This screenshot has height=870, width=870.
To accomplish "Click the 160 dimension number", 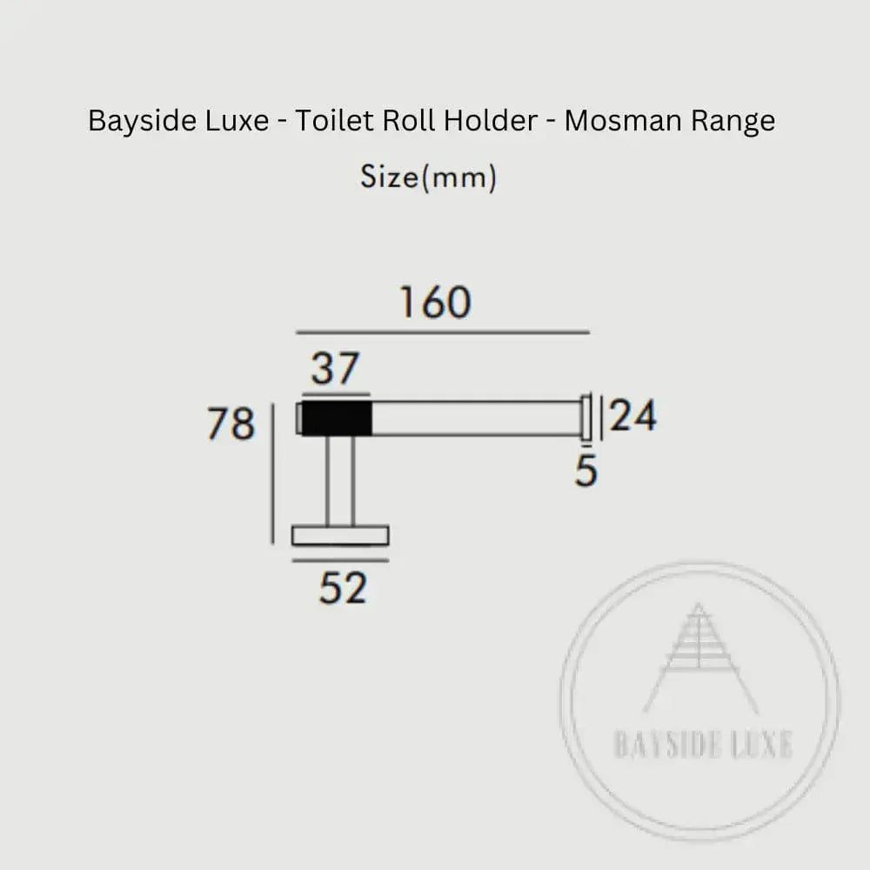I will pyautogui.click(x=435, y=303).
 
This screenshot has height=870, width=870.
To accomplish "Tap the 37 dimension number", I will pyautogui.click(x=335, y=369).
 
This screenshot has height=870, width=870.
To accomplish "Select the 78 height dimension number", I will pyautogui.click(x=231, y=425).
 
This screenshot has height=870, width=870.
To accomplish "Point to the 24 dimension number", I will pyautogui.click(x=633, y=417).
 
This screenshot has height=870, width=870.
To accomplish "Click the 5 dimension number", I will pyautogui.click(x=586, y=472).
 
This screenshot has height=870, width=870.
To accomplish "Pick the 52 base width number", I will pyautogui.click(x=343, y=589).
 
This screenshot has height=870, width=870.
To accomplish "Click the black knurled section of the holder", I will pyautogui.click(x=337, y=418).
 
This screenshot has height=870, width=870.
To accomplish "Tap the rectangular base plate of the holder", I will pyautogui.click(x=340, y=535).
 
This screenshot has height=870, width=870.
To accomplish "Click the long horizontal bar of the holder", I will pyautogui.click(x=476, y=418).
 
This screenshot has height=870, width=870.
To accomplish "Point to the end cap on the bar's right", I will pyautogui.click(x=587, y=418).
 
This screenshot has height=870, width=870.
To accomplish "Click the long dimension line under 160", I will pyautogui.click(x=443, y=332).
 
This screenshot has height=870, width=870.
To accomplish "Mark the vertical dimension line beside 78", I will pyautogui.click(x=274, y=473).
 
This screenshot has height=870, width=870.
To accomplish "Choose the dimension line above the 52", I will pyautogui.click(x=340, y=560).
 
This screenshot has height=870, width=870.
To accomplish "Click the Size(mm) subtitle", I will pyautogui.click(x=428, y=177).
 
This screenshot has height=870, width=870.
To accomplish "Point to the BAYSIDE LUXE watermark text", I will pyautogui.click(x=702, y=746).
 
